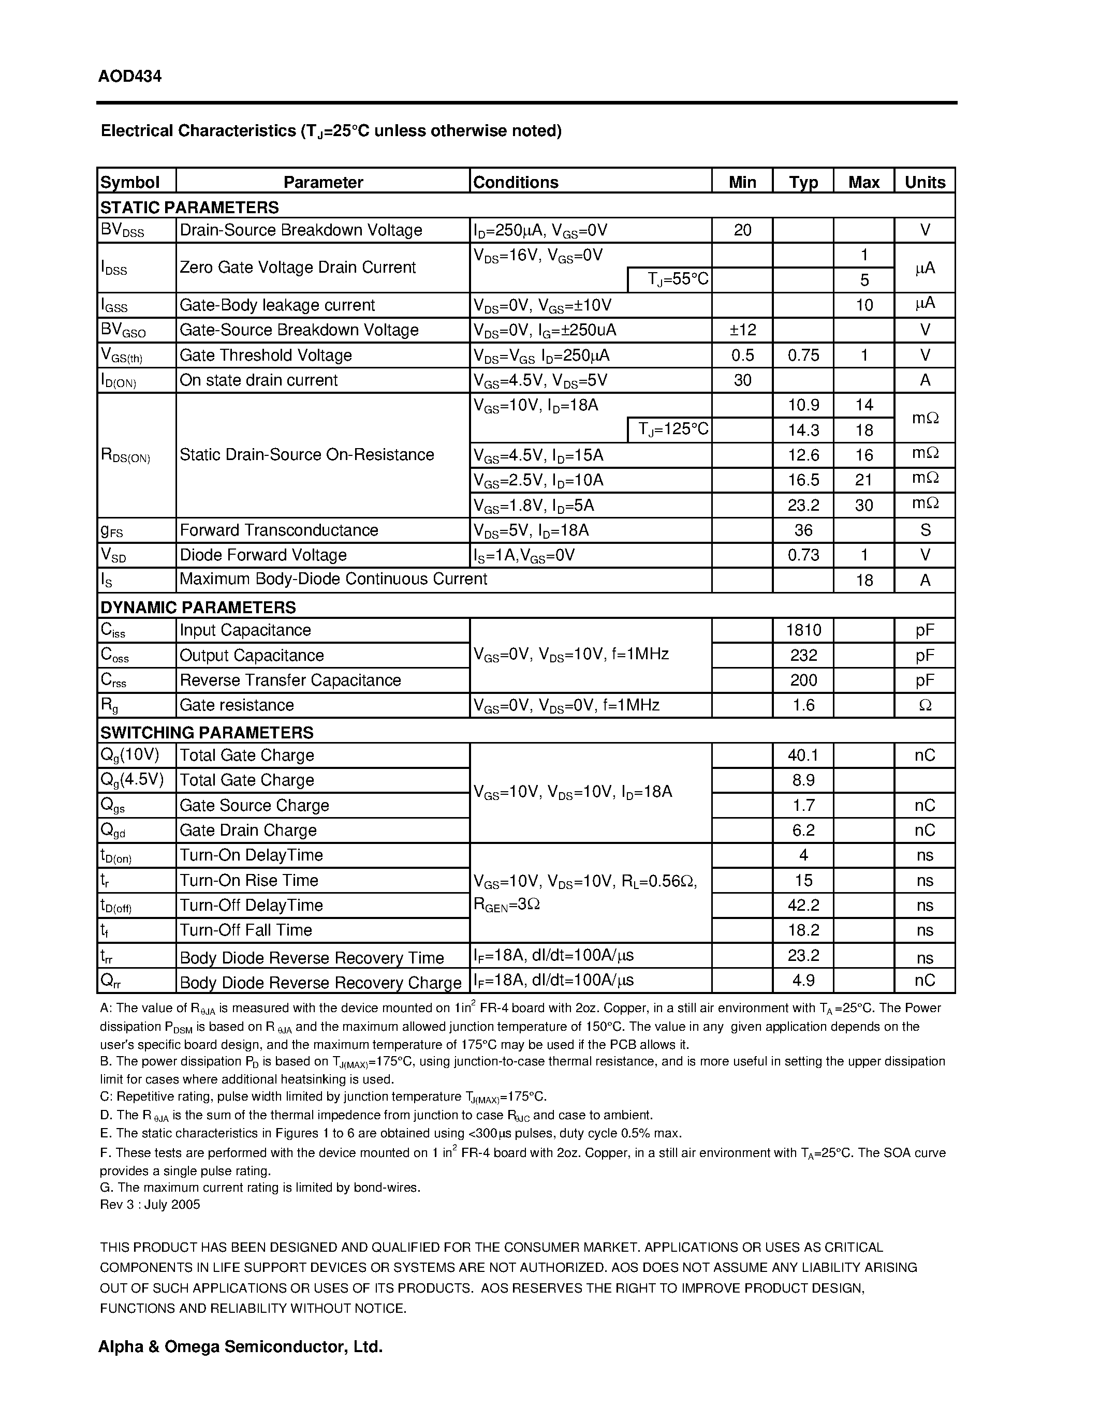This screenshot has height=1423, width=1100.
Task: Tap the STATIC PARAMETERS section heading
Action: (x=189, y=207)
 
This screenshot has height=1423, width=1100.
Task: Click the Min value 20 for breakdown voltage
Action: (x=742, y=230)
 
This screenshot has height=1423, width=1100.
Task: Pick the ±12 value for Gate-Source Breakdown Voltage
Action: (x=742, y=330)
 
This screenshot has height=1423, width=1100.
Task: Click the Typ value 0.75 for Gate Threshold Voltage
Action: (x=803, y=355)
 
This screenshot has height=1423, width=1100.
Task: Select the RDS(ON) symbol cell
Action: (x=126, y=455)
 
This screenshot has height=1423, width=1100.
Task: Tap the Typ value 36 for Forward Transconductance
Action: (x=803, y=530)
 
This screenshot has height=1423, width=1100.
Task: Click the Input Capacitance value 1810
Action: (x=803, y=630)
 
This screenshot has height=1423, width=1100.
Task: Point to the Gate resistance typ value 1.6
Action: (x=803, y=705)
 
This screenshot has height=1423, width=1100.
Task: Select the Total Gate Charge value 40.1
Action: (x=803, y=755)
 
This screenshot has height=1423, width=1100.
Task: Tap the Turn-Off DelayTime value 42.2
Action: (x=803, y=905)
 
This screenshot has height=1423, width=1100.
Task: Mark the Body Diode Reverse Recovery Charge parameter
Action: (x=320, y=983)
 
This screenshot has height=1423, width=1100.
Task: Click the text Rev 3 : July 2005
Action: (x=150, y=1205)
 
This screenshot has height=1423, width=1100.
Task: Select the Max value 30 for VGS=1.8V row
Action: (x=863, y=506)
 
